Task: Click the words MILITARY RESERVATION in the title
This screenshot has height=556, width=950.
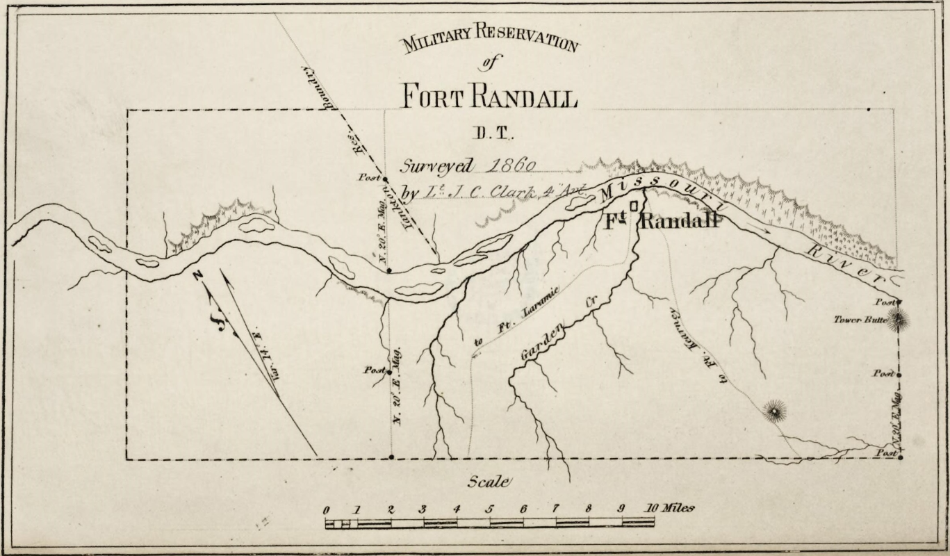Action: [x=489, y=39]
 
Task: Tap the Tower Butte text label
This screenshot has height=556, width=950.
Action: [x=860, y=320]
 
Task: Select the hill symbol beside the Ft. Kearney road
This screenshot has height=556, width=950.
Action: [x=773, y=412]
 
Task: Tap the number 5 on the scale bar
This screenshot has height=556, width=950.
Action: [x=489, y=509]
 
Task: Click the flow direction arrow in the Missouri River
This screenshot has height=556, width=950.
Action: [x=759, y=227]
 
